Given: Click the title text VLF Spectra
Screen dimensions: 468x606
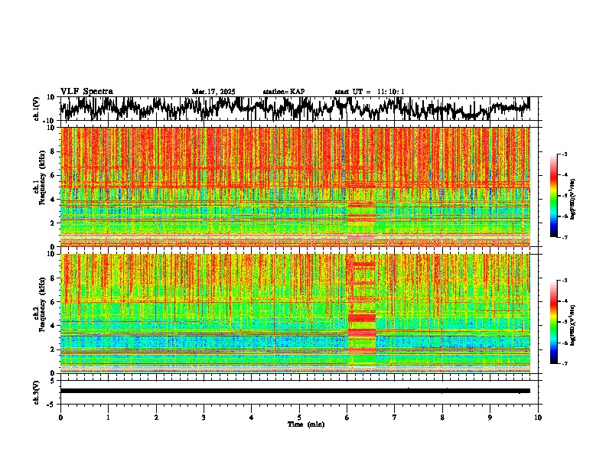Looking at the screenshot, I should [x=86, y=92].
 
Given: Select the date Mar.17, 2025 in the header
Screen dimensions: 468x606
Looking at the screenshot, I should [x=213, y=92].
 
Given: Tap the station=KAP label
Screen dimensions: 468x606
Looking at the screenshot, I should [x=284, y=92].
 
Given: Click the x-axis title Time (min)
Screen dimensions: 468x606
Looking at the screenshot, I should [x=305, y=424].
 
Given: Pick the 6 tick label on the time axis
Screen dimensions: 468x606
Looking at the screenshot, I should [x=347, y=418].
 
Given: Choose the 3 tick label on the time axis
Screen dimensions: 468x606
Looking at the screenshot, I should [x=204, y=418].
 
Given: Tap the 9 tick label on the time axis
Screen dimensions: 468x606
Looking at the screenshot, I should [x=490, y=418].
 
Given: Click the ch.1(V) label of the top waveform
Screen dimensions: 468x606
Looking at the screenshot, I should [x=37, y=108].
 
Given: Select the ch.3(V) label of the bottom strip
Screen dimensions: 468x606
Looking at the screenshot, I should [x=37, y=392].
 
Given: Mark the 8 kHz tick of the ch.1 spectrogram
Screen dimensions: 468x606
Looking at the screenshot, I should [x=52, y=151].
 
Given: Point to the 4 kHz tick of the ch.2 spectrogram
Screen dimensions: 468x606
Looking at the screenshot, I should [x=52, y=325].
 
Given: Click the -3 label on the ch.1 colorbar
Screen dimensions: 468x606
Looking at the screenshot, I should [x=565, y=154].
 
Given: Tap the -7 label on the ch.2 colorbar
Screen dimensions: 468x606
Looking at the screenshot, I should [x=565, y=364].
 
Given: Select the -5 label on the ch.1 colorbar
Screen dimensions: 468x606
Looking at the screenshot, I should [x=565, y=196].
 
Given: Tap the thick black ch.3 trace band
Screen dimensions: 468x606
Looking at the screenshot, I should [x=295, y=391].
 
